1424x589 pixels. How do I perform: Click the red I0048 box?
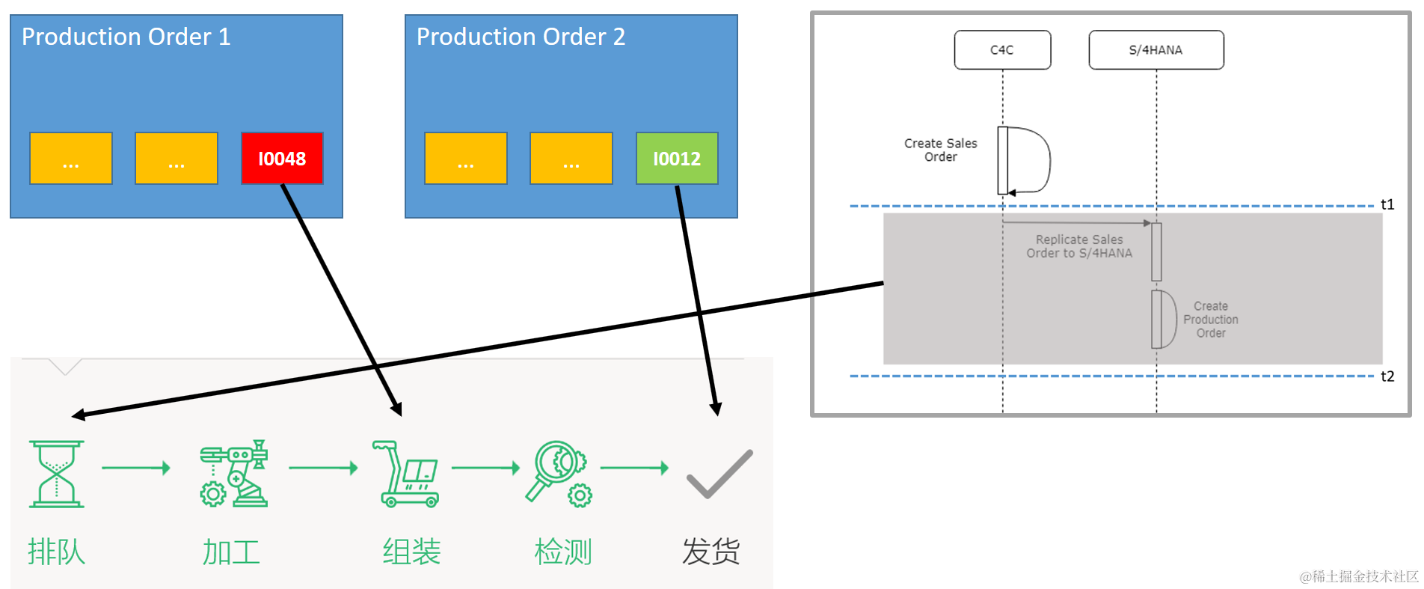282,159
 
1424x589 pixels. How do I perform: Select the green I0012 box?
677,159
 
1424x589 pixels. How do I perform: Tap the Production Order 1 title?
126,37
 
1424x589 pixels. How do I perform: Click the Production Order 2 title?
521,37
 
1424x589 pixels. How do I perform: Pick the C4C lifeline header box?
1002,50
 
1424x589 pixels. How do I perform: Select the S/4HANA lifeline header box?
1156,50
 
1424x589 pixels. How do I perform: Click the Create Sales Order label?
940,150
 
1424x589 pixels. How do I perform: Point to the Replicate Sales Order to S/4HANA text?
1078,246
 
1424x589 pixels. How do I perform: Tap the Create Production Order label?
1210,320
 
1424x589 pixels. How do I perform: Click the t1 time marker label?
1387,204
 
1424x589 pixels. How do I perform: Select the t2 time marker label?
1387,376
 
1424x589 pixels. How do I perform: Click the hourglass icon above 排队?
57,474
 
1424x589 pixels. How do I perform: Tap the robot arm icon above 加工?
233,474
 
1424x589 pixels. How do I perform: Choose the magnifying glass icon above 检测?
559,474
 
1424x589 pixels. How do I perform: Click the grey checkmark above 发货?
719,474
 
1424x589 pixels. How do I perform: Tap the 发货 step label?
711,552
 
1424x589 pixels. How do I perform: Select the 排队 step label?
57,552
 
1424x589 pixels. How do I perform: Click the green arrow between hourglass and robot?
136,469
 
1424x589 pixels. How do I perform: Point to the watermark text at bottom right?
1358,576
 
